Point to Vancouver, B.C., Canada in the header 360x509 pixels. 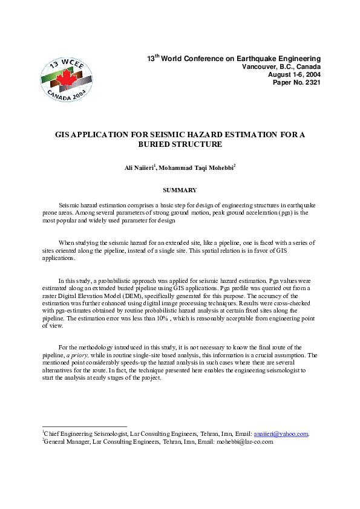pyautogui.click(x=281, y=66)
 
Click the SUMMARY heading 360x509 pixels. pyautogui.click(x=180, y=190)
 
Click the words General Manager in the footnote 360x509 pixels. pyautogui.click(x=65, y=442)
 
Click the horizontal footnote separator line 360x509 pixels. pyautogui.click(x=84, y=426)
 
